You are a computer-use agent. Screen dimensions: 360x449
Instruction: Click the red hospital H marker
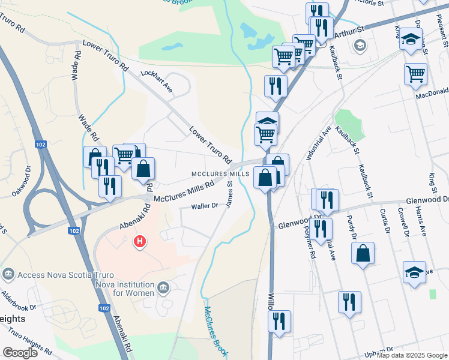click(x=139, y=242)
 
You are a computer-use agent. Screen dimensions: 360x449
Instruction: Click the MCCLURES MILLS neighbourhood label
click(x=220, y=173)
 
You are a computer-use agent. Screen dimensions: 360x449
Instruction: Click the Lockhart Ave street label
click(x=156, y=80)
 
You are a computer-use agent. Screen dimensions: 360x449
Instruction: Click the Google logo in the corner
click(x=20, y=353)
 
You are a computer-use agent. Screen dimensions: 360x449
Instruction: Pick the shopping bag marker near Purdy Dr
click(x=363, y=254)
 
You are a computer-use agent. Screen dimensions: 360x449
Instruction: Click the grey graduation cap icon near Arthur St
click(x=360, y=45)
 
